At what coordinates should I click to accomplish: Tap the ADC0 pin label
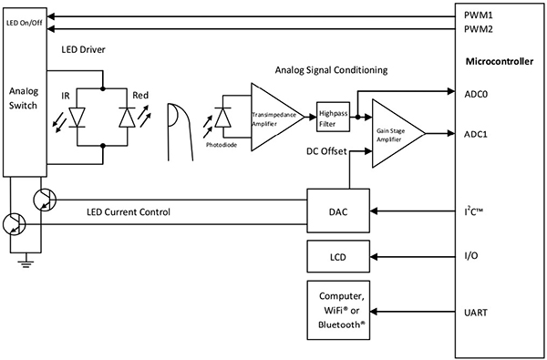tap(475, 92)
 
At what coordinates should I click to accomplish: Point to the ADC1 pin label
tap(475, 133)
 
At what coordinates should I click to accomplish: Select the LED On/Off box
tap(22, 22)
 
